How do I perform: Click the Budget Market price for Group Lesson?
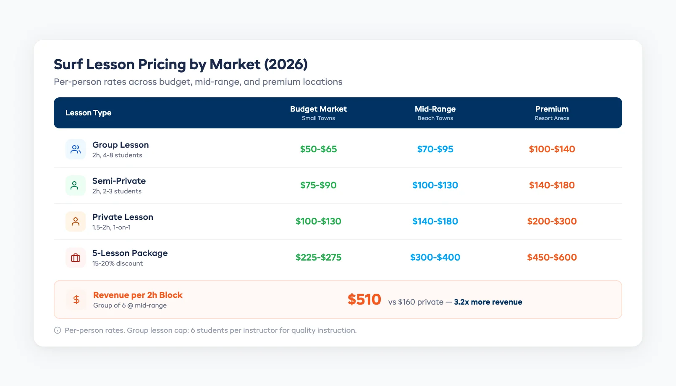[318, 149]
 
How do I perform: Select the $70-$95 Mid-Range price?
[435, 149]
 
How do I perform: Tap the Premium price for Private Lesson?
[552, 221]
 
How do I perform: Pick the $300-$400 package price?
[435, 257]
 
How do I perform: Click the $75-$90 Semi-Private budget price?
[318, 185]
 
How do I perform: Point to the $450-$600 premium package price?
[552, 257]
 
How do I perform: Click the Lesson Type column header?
[88, 113]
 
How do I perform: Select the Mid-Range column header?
[435, 109]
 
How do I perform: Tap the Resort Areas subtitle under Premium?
[552, 118]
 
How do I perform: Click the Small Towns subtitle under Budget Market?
[318, 118]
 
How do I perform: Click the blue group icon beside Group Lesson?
[76, 149]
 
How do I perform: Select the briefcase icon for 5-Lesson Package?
[76, 258]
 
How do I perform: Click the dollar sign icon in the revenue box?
[76, 300]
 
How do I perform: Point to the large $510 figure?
[364, 300]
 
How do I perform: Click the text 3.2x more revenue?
[488, 302]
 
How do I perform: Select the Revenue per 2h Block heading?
[138, 295]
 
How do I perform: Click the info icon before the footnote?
[58, 330]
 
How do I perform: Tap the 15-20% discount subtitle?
[118, 263]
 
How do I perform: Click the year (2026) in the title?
[286, 64]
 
